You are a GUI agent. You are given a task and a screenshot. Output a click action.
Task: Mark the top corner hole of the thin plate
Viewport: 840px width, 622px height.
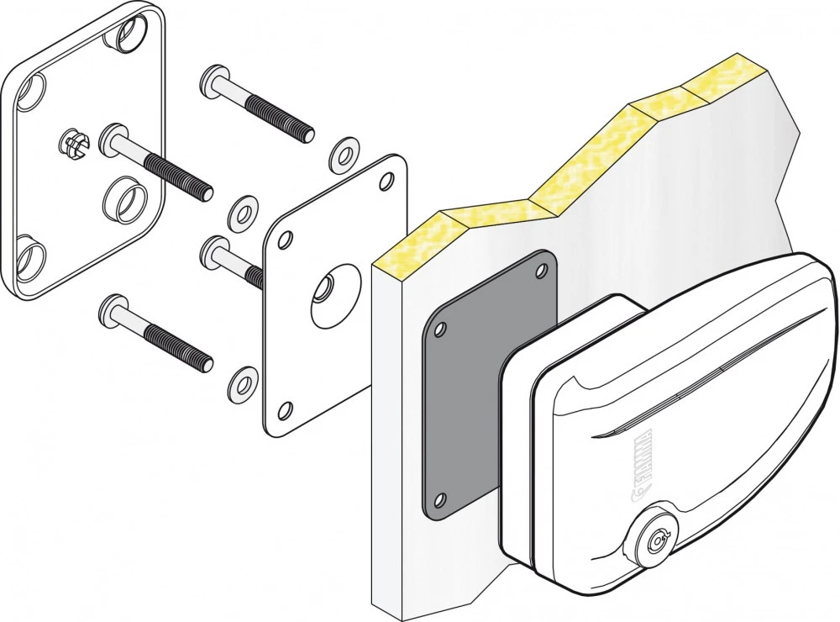click(x=388, y=178)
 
